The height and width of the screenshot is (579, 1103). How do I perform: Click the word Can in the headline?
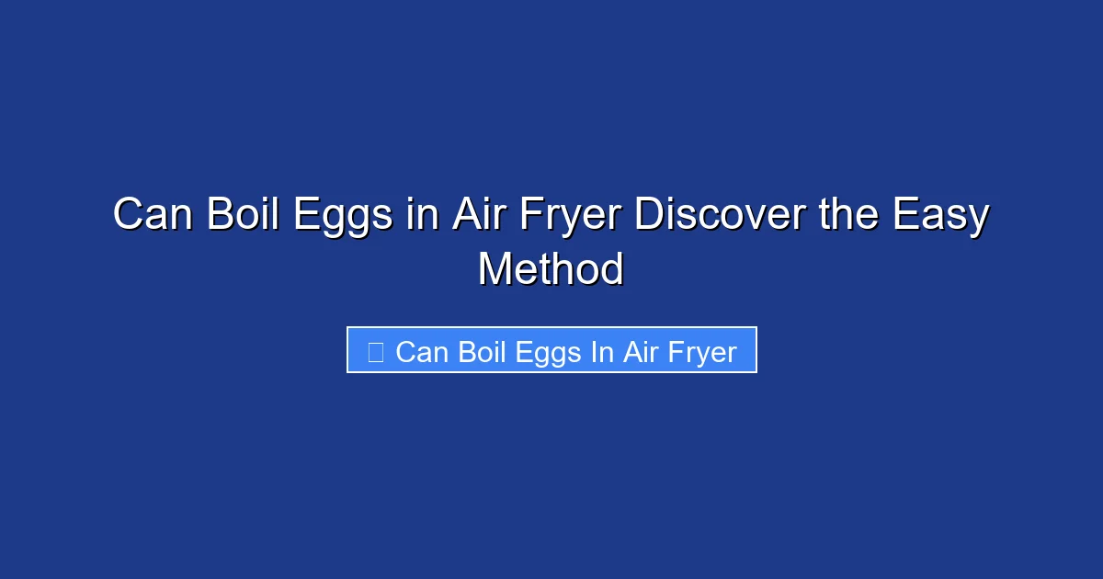click(152, 216)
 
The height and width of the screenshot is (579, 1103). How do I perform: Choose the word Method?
click(551, 269)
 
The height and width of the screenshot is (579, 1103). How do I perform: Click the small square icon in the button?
click(375, 352)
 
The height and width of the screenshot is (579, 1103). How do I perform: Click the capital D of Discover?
click(649, 216)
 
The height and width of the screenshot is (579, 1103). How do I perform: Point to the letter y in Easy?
click(977, 221)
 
